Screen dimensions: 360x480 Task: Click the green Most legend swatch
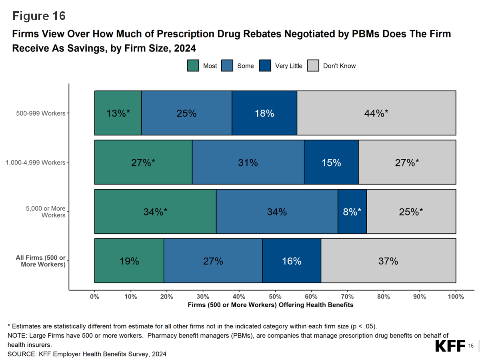[x=193, y=66]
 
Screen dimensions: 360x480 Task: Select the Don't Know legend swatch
[x=313, y=66]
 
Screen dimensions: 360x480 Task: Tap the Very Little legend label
[x=288, y=66]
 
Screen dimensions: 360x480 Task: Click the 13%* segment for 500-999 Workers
[x=118, y=113]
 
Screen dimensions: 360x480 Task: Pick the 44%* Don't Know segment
[x=376, y=113]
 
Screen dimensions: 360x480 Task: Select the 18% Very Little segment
[x=264, y=113]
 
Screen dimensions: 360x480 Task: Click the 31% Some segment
[x=248, y=162]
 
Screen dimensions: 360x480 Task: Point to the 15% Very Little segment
[x=331, y=162]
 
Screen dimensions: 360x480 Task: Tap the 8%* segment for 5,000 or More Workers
[x=352, y=212]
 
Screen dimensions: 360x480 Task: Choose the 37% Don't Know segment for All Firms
[x=388, y=261]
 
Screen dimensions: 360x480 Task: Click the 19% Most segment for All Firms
[x=129, y=261]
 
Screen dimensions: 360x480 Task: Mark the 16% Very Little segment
[x=292, y=261]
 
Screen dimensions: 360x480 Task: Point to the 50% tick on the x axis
[x=275, y=297]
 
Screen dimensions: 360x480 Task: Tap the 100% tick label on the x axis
[x=456, y=297]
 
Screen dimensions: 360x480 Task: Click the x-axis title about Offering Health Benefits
[x=270, y=305]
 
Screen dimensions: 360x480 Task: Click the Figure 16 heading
[x=39, y=16]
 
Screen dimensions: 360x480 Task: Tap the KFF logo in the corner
[x=450, y=346]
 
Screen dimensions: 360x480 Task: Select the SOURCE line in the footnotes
[x=87, y=354]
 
